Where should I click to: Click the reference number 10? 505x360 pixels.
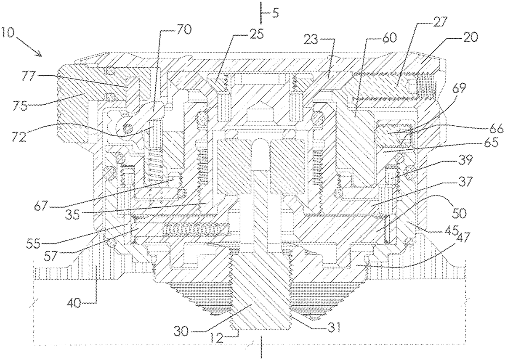point(9,32)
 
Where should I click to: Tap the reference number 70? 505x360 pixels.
point(184,29)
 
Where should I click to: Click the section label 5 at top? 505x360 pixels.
point(275,13)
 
